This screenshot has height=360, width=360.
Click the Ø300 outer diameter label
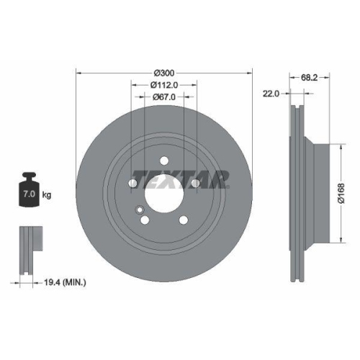(x=165, y=73)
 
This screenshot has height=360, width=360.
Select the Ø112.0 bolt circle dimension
(x=165, y=85)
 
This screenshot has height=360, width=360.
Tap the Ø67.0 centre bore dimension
(x=165, y=98)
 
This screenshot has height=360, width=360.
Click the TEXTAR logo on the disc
(x=181, y=177)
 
